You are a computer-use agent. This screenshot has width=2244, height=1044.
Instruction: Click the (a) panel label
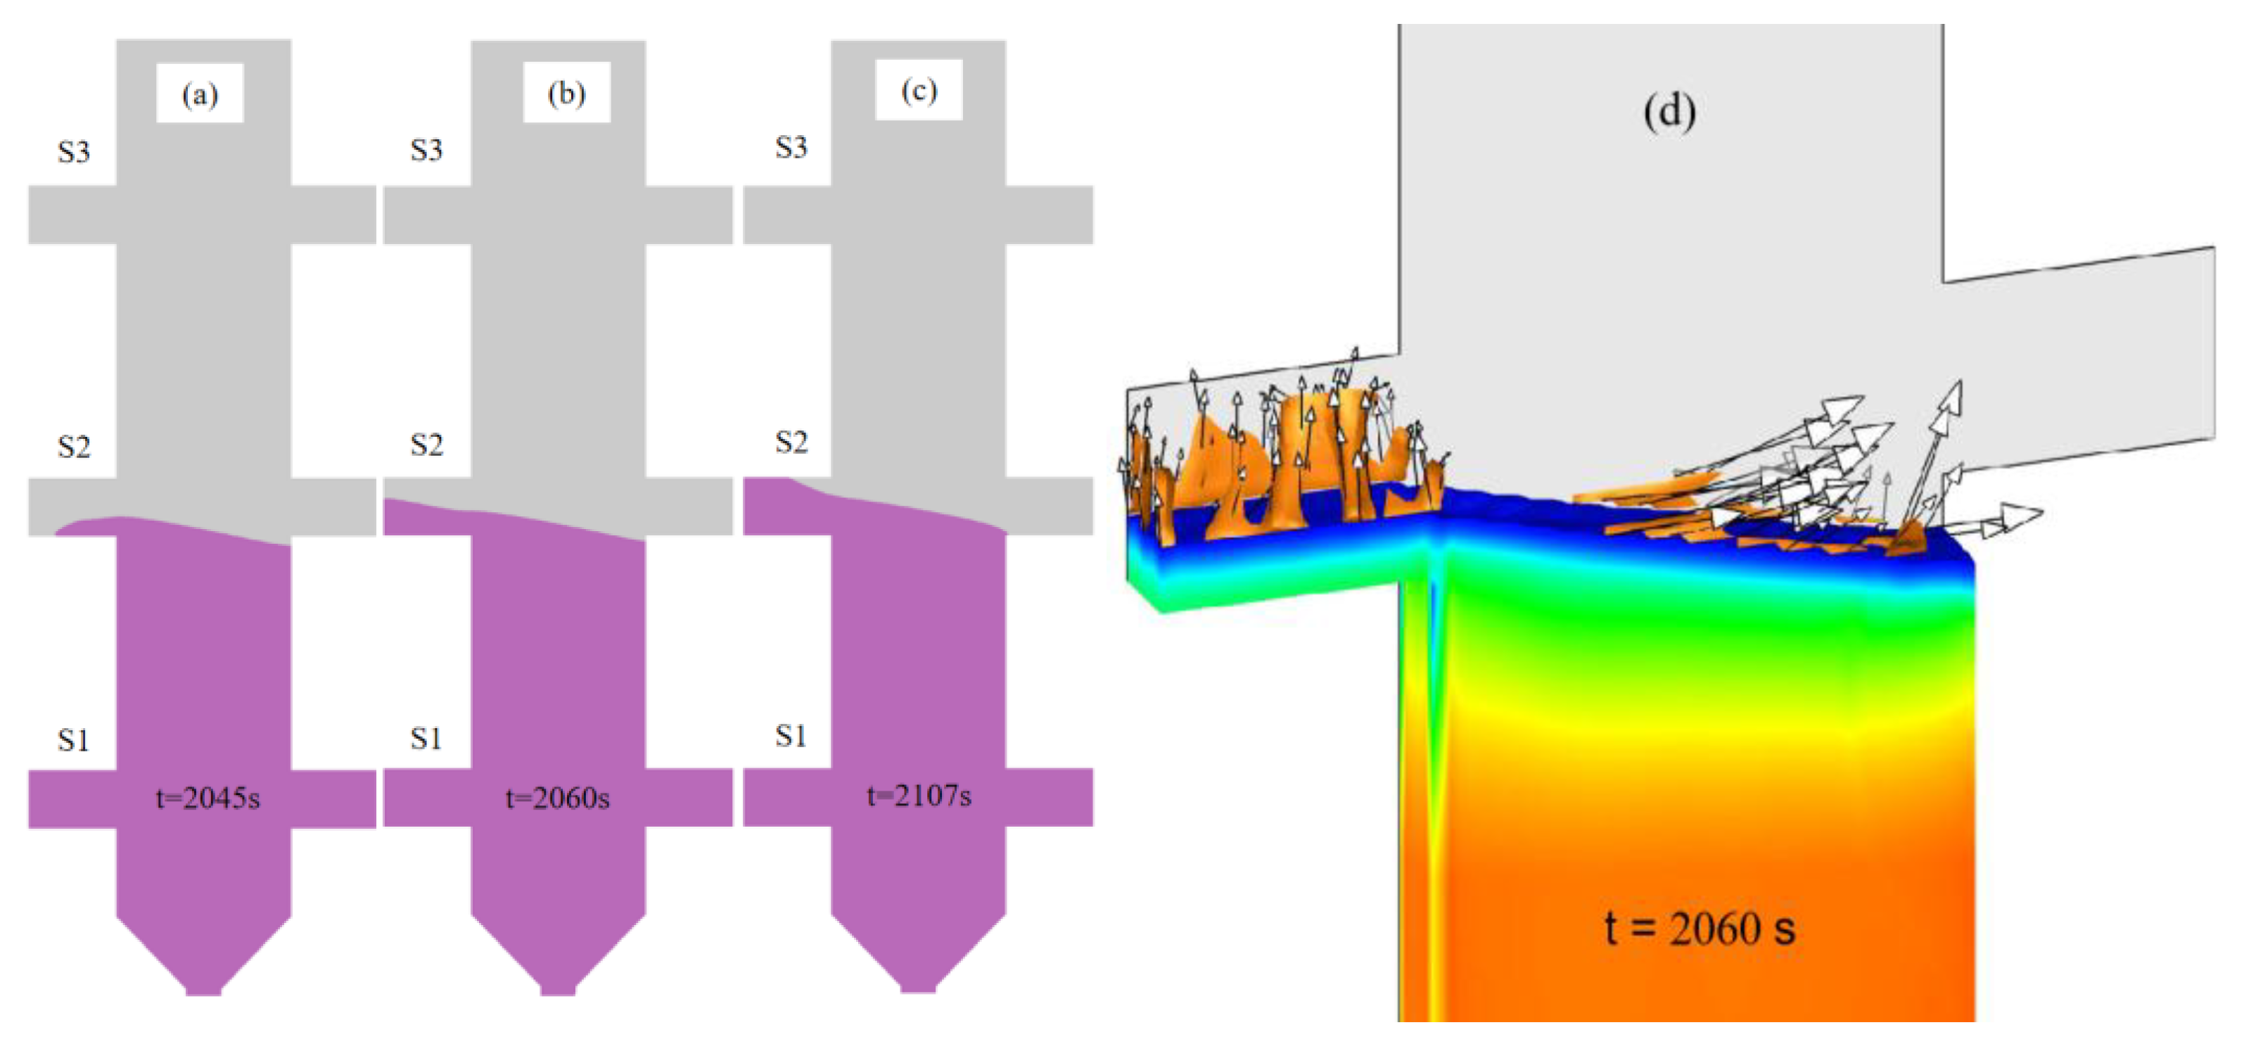pyautogui.click(x=200, y=94)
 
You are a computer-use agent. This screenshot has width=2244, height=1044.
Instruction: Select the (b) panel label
pyautogui.click(x=566, y=92)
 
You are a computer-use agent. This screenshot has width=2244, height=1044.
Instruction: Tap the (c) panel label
pyautogui.click(x=919, y=90)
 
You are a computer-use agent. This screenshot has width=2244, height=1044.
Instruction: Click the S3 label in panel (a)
pyautogui.click(x=74, y=153)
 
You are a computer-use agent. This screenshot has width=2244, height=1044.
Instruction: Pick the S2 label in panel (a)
pyautogui.click(x=74, y=447)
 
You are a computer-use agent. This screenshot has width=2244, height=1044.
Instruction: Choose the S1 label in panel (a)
pyautogui.click(x=73, y=741)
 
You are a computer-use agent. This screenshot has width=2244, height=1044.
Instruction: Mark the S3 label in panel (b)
pyautogui.click(x=427, y=151)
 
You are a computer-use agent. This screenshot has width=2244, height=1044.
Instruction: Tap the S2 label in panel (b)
pyautogui.click(x=427, y=445)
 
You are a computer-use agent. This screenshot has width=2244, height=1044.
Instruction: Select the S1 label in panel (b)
pyautogui.click(x=426, y=739)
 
